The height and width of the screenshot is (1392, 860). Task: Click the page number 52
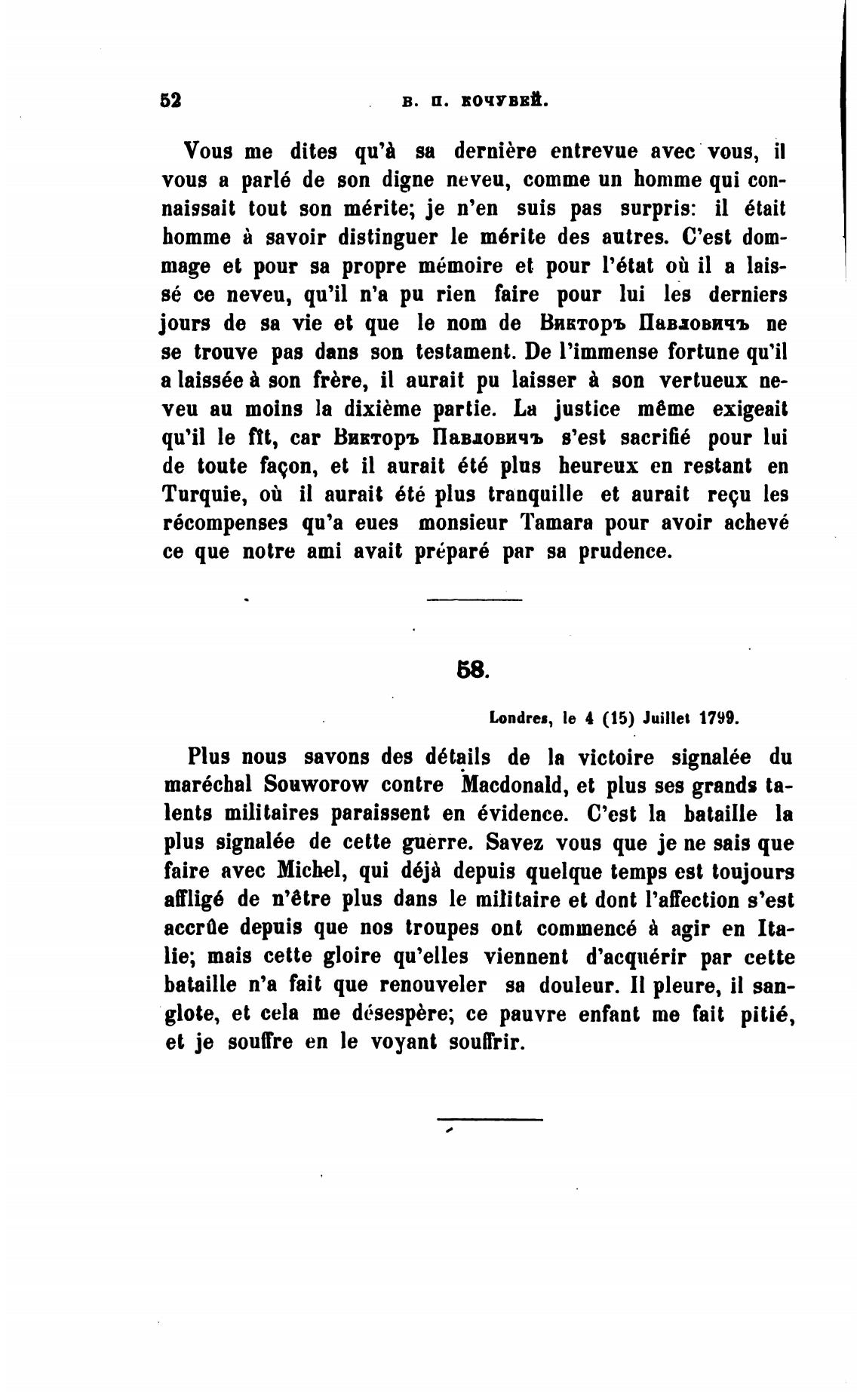coord(172,100)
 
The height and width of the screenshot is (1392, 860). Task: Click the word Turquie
coord(202,495)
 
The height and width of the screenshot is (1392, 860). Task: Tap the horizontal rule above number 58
coord(474,600)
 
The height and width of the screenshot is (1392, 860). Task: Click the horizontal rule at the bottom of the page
coord(490,1119)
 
